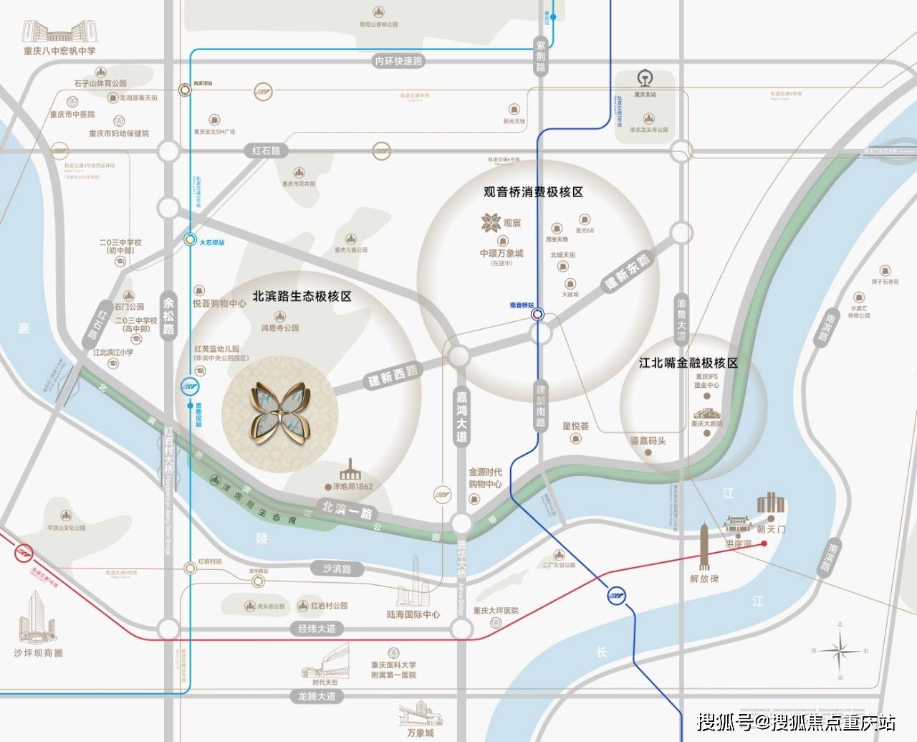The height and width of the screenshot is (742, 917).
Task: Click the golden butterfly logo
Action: click(x=280, y=412)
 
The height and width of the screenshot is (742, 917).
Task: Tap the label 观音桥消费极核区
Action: click(x=533, y=192)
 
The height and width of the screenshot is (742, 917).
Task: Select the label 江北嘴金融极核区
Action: click(x=688, y=363)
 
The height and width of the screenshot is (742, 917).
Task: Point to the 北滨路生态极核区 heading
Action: click(x=302, y=296)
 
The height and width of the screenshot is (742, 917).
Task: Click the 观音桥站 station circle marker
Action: click(x=537, y=313)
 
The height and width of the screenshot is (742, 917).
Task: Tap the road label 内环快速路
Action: click(x=399, y=62)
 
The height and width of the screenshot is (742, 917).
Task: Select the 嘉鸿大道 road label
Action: click(x=461, y=415)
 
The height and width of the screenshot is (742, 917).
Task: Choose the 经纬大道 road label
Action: click(x=317, y=629)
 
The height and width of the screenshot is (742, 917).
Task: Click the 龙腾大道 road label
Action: click(x=317, y=695)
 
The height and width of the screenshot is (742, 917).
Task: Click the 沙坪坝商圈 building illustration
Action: click(x=36, y=617)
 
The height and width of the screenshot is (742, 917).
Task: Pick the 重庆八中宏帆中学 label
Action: click(x=59, y=51)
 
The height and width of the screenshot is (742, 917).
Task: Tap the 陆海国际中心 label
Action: click(x=413, y=614)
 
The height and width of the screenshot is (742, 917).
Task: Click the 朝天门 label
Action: click(x=771, y=529)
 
